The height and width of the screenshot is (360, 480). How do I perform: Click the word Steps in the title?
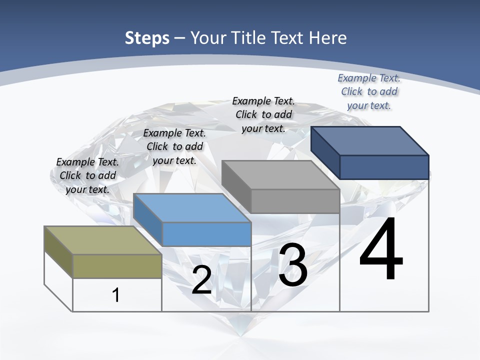tap(147, 38)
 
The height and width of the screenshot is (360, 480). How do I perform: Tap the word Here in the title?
tap(325, 38)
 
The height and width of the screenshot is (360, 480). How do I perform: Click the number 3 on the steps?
tap(293, 265)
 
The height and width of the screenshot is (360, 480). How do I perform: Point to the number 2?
tap(201, 280)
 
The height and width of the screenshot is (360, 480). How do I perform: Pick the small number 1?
tap(116, 295)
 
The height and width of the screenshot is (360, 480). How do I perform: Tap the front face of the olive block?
tap(117, 266)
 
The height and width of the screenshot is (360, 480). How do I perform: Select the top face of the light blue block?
tap(192, 208)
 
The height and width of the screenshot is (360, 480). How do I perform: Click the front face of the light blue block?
tap(206, 234)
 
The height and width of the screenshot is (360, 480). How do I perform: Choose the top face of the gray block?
tap(280, 175)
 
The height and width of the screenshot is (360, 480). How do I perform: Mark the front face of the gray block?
tap(295, 201)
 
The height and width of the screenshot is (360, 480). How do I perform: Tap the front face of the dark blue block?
tap(384, 167)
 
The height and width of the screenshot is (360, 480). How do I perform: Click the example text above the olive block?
tap(87, 175)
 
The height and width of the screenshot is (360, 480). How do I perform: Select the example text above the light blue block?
tap(174, 146)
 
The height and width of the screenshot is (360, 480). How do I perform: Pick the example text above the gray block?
tap(263, 114)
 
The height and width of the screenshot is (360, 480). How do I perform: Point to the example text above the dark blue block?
tap(369, 91)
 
